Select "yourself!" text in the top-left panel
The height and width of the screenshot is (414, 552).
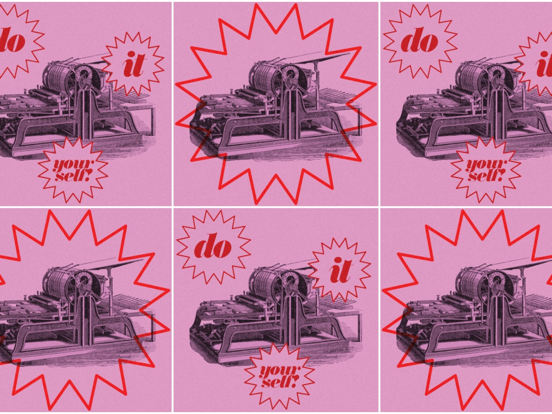click(x=73, y=170)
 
